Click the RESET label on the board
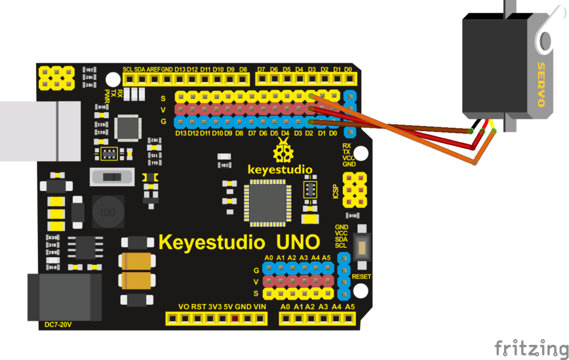coord(361,276)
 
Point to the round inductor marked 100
coord(107,213)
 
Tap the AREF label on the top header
coord(153,69)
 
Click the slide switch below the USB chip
coord(113,177)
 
